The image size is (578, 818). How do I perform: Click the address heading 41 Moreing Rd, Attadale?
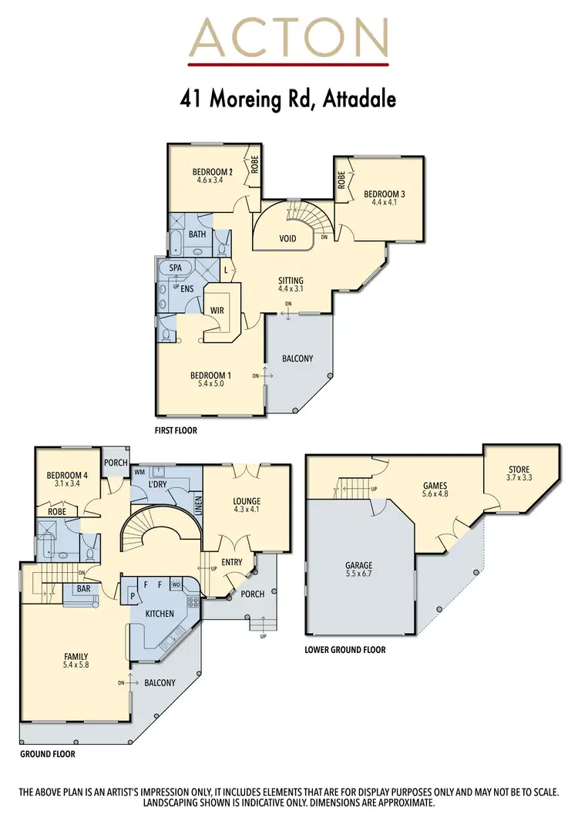click(x=288, y=99)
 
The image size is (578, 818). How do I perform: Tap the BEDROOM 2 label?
click(x=212, y=172)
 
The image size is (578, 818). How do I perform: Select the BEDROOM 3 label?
click(x=383, y=194)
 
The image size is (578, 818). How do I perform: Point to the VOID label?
click(x=287, y=239)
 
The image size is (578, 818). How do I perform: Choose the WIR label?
click(x=217, y=311)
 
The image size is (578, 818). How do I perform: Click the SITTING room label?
click(x=291, y=281)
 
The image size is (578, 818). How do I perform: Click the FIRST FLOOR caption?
click(x=176, y=431)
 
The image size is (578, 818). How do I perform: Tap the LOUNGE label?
click(x=247, y=501)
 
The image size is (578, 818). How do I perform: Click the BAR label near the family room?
click(x=82, y=589)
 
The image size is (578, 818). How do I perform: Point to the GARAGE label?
click(x=359, y=565)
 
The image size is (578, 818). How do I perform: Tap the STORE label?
click(x=519, y=470)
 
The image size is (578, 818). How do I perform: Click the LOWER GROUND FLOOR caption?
click(x=345, y=650)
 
